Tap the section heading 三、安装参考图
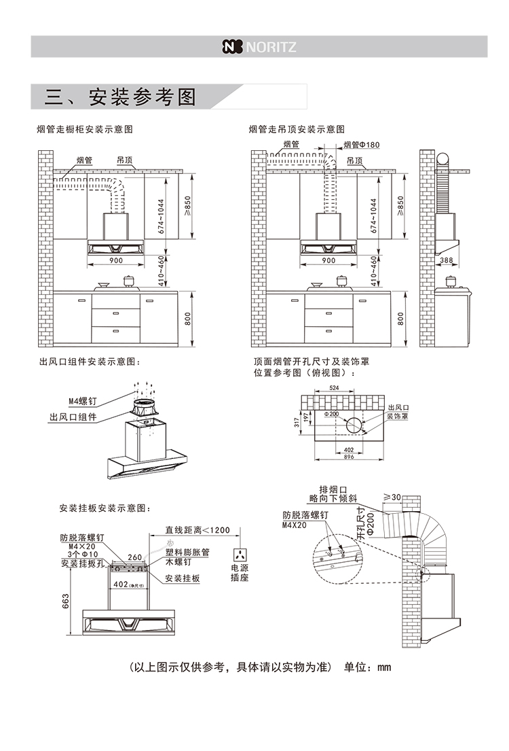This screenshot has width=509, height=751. pyautogui.click(x=119, y=97)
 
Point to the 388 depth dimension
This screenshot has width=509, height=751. pyautogui.click(x=446, y=260)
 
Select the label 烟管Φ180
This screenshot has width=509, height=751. pyautogui.click(x=361, y=145)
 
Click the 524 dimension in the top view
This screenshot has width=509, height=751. pyautogui.click(x=334, y=387)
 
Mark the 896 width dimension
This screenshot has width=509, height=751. pyautogui.click(x=349, y=457)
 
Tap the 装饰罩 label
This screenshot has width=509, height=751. pyautogui.click(x=397, y=415)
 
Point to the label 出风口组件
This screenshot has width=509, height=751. pyautogui.click(x=73, y=417)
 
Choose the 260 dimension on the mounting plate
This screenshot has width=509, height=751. pyautogui.click(x=134, y=557)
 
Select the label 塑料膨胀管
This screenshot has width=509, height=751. pyautogui.click(x=188, y=552)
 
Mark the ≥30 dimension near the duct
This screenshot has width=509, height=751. pyautogui.click(x=392, y=497)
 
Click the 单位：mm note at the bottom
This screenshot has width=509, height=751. pyautogui.click(x=368, y=667)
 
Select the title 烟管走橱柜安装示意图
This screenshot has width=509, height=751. pyautogui.click(x=85, y=128)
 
